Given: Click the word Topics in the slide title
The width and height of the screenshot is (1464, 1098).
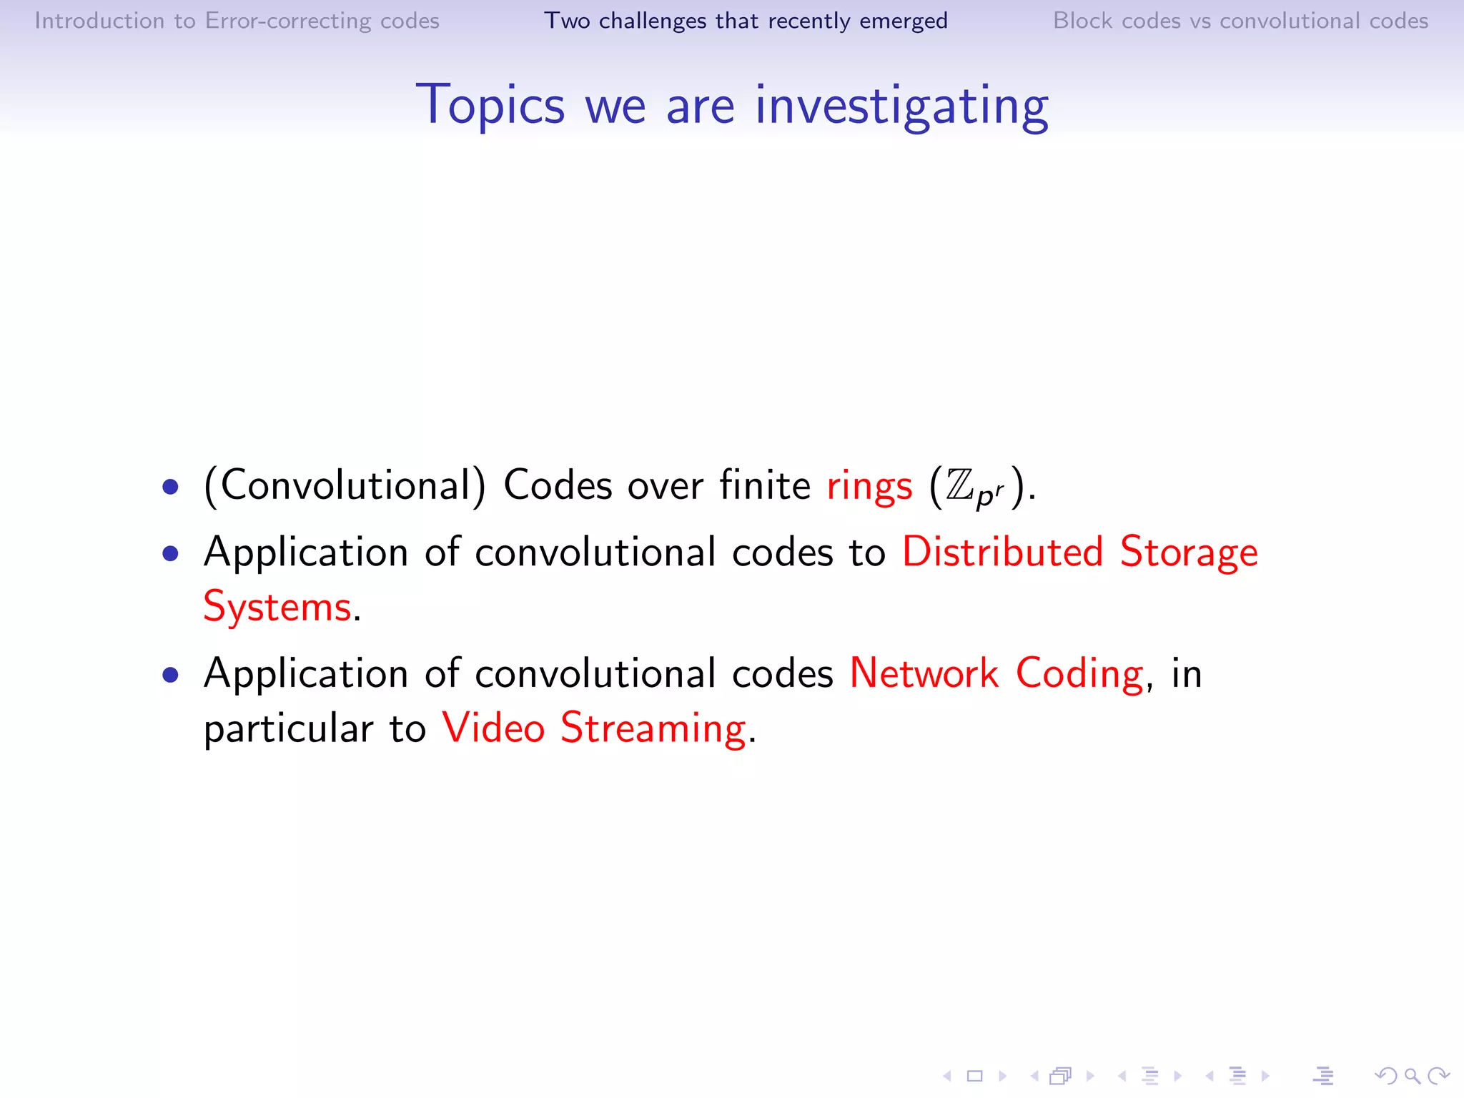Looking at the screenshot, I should click(x=490, y=106).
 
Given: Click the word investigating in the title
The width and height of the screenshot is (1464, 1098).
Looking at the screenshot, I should click(x=901, y=106).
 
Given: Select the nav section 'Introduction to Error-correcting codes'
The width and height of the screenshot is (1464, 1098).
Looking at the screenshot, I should click(x=237, y=21).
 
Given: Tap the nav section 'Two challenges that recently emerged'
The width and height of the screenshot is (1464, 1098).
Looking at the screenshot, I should click(x=746, y=21).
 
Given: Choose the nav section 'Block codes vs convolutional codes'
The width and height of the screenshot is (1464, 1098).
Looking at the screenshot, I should click(x=1240, y=21).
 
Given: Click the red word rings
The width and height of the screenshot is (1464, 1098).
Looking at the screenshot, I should click(x=869, y=486).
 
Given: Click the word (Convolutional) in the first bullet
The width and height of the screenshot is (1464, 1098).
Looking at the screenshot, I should click(x=345, y=486).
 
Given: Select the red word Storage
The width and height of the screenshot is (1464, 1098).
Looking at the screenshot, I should click(x=1189, y=552).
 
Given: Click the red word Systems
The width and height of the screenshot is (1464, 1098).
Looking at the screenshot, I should click(x=277, y=607).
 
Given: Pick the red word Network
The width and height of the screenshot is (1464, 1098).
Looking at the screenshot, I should click(x=924, y=673).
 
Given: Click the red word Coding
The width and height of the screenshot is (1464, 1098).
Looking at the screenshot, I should click(x=1079, y=673).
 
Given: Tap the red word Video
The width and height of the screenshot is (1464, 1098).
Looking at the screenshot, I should click(x=493, y=728).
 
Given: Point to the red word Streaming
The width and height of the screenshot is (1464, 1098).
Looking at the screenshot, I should click(x=653, y=728).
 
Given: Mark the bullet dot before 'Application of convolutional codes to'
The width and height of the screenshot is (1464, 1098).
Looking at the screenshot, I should click(x=170, y=553).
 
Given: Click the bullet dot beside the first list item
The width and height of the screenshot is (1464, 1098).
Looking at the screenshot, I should click(x=170, y=488).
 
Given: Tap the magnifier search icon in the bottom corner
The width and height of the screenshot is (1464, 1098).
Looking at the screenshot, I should click(x=1412, y=1075).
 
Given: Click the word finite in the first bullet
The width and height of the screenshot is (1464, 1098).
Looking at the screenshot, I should click(x=764, y=485).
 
